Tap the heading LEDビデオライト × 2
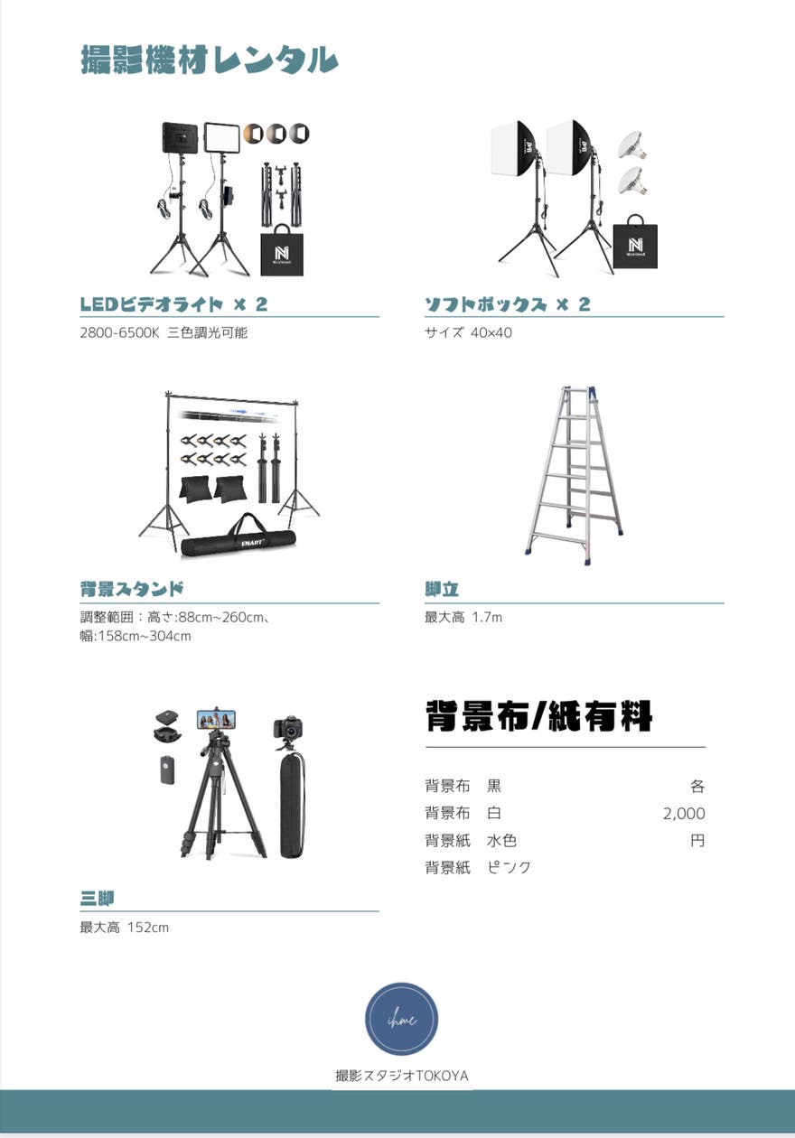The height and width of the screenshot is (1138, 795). point(173,304)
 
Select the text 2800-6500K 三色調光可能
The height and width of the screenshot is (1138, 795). point(164,332)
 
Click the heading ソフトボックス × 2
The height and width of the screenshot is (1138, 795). point(507,304)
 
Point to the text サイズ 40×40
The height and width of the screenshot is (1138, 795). point(468,332)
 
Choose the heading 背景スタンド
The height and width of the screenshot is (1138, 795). point(132,590)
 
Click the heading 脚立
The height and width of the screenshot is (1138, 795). point(442,590)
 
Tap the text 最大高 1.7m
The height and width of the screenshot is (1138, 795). point(463,618)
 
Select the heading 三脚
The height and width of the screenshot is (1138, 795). point(97,898)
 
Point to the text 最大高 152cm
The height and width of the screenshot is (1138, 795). point(124,928)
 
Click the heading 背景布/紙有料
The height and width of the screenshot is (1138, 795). point(538,717)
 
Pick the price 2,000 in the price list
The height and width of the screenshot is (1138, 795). point(684,814)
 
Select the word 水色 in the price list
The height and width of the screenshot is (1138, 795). point(501,841)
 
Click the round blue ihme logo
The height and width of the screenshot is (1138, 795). point(401,1020)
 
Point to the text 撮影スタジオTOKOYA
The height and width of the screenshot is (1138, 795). point(401,1076)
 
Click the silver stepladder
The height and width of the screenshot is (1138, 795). point(574,471)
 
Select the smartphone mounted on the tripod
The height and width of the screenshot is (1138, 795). point(216,719)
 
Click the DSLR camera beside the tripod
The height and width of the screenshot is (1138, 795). point(288,728)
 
